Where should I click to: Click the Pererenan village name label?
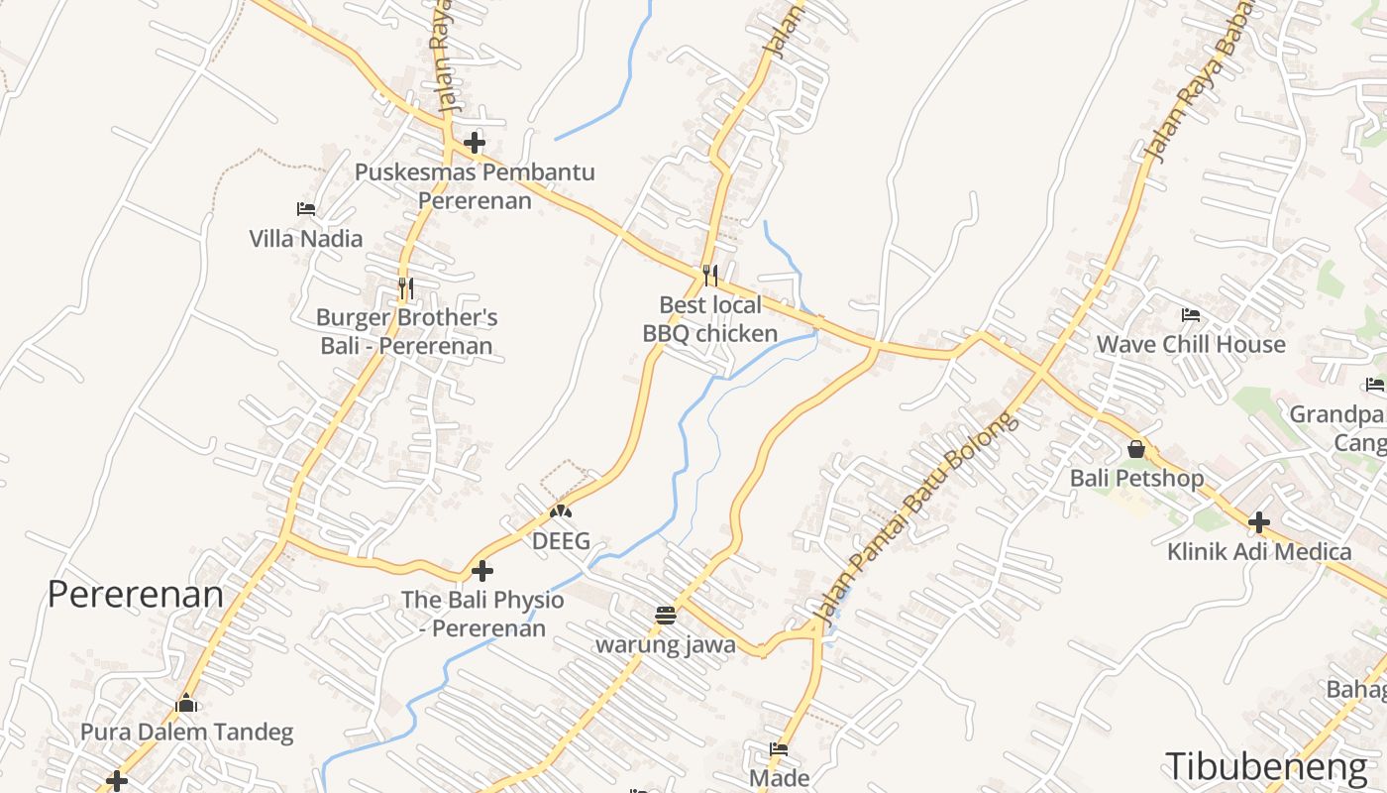click(x=136, y=594)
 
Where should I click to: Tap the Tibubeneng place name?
click(x=1265, y=766)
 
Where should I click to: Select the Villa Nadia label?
click(x=305, y=239)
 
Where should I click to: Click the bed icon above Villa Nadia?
click(x=306, y=209)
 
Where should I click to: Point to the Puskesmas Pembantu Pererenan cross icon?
click(x=475, y=143)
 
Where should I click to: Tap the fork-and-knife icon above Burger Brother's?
click(x=405, y=288)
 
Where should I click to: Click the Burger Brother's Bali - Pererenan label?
click(x=406, y=332)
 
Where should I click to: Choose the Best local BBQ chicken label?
click(x=710, y=319)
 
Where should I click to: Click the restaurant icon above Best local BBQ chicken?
click(x=710, y=275)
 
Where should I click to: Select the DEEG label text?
click(x=561, y=541)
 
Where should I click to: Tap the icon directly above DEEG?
click(x=561, y=512)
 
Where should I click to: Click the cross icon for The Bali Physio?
click(x=482, y=571)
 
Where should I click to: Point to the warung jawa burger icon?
click(x=666, y=616)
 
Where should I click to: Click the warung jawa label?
click(x=666, y=645)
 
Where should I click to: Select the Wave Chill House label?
click(x=1191, y=345)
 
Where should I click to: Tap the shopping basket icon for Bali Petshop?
click(x=1136, y=449)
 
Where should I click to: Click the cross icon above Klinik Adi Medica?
click(x=1259, y=521)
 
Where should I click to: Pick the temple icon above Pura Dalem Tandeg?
click(x=186, y=704)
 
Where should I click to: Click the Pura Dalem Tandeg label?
click(x=186, y=734)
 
